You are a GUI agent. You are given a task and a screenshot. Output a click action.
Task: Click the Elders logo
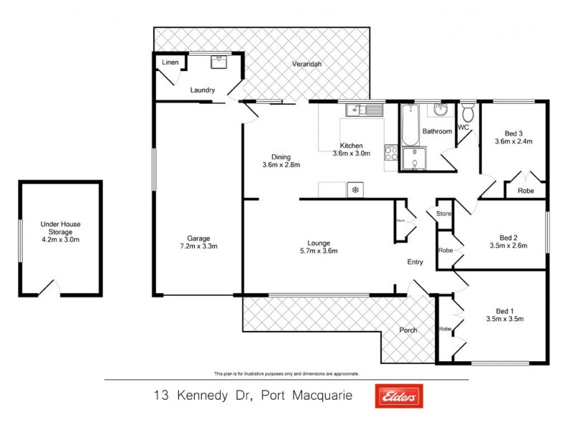coord(399,396)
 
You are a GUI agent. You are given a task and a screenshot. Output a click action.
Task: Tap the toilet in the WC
coord(468,113)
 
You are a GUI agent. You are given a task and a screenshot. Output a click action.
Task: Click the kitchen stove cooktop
coord(392,151)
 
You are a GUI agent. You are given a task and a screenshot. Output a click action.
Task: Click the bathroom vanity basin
coord(439,110)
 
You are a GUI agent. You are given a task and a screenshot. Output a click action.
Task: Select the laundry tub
coord(218,63)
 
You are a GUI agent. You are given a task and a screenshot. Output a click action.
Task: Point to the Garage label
coord(198,238)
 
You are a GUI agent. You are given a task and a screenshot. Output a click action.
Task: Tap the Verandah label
coord(307,64)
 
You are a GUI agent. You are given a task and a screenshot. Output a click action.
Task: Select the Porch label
coord(408,330)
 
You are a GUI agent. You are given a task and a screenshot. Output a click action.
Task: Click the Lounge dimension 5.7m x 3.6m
coord(319,251)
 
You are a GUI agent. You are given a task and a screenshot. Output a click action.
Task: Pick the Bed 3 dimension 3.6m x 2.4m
coord(514,142)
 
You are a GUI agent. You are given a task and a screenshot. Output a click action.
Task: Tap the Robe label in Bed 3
coord(526,191)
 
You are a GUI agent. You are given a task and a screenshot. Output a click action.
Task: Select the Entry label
coord(415,262)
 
